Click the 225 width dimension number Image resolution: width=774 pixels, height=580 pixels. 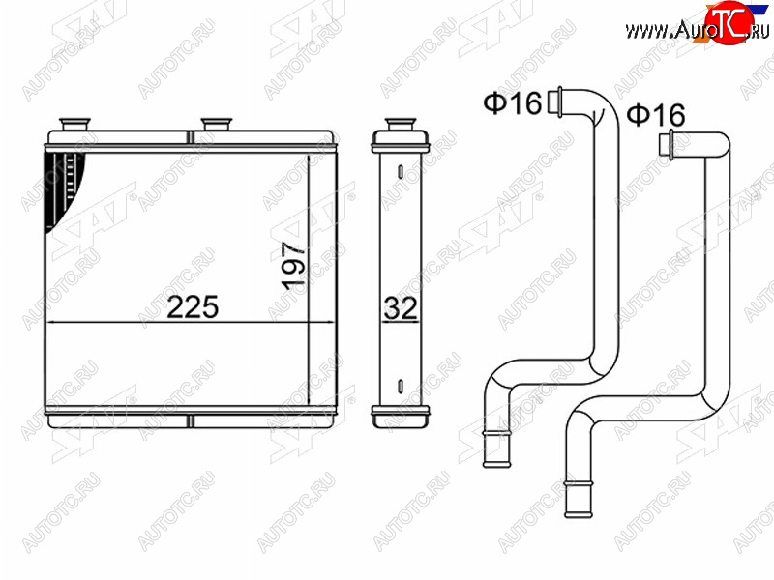click(193, 306)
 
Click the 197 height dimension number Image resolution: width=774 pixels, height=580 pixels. click(294, 265)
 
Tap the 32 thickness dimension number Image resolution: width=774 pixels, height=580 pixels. click(401, 307)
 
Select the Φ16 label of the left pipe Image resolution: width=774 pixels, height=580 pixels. click(513, 103)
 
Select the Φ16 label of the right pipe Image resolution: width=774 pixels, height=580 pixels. click(656, 115)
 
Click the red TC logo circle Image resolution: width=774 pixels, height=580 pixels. click(729, 22)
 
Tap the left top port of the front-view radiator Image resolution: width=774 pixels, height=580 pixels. click(74, 124)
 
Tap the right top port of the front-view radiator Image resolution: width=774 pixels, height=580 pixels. click(216, 124)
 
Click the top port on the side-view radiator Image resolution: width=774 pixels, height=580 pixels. click(401, 124)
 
